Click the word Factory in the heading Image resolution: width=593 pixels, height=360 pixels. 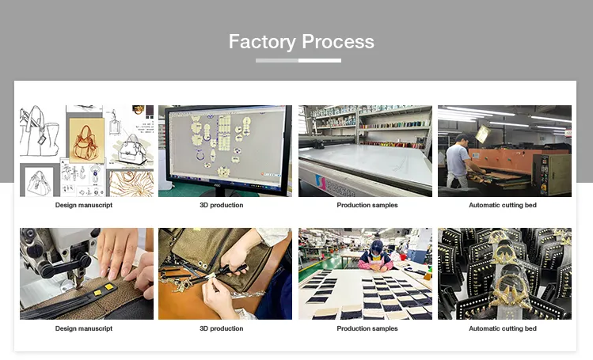[262, 42]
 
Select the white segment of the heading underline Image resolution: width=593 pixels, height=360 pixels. [320, 60]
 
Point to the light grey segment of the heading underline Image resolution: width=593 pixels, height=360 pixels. [277, 60]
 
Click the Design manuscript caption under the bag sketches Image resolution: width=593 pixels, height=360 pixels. [84, 205]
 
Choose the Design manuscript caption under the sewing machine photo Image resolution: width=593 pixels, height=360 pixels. [84, 328]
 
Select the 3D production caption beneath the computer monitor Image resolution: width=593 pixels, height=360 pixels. [221, 205]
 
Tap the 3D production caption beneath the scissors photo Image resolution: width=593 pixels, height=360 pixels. [221, 328]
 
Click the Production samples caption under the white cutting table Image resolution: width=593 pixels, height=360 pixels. [367, 205]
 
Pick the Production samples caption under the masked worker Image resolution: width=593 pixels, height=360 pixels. [367, 328]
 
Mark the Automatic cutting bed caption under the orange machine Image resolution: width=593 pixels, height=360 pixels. [503, 205]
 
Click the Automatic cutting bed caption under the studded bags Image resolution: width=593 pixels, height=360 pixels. [503, 328]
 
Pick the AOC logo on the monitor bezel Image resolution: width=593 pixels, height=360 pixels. [218, 185]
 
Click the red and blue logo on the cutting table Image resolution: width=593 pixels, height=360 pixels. [320, 182]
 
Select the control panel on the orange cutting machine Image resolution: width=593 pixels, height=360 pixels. [544, 173]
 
